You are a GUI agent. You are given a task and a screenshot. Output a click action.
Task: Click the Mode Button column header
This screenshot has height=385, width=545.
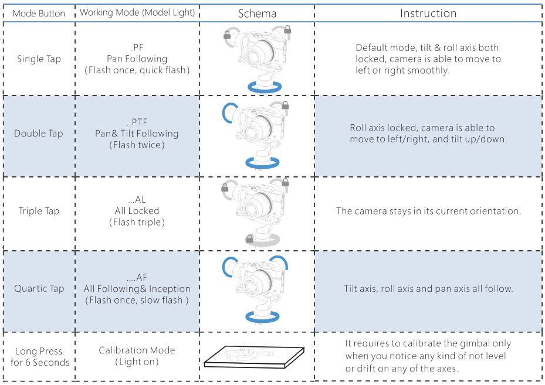39,13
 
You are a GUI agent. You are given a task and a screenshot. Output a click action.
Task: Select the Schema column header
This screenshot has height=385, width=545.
257,13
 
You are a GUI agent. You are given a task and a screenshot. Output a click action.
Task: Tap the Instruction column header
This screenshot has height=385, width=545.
428,13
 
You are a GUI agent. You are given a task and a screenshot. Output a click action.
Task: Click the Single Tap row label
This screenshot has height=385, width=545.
39,59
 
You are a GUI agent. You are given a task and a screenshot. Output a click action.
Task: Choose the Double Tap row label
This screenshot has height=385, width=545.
39,133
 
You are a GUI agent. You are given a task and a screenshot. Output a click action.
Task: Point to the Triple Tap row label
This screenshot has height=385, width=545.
39,211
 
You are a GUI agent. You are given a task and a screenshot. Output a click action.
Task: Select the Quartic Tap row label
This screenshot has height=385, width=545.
39,288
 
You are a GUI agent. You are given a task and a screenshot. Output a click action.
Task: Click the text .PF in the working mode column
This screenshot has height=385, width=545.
137,47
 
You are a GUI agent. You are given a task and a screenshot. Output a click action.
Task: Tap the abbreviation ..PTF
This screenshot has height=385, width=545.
137,122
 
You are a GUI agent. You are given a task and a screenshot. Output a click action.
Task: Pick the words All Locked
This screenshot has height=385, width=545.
137,211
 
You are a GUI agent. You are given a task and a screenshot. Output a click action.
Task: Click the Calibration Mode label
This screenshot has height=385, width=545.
137,350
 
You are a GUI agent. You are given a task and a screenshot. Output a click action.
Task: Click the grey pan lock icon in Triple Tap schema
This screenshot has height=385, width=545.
249,239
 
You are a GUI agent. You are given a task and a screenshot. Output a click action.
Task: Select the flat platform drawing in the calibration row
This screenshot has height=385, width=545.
254,356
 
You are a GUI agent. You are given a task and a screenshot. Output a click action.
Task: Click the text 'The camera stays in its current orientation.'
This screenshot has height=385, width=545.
429,211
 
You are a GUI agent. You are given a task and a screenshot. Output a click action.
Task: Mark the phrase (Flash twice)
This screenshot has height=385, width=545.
137,145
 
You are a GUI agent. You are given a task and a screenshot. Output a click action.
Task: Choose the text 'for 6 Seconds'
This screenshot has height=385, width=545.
40,362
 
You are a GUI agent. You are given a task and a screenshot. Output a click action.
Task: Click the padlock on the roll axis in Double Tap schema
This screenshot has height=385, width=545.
285,105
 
